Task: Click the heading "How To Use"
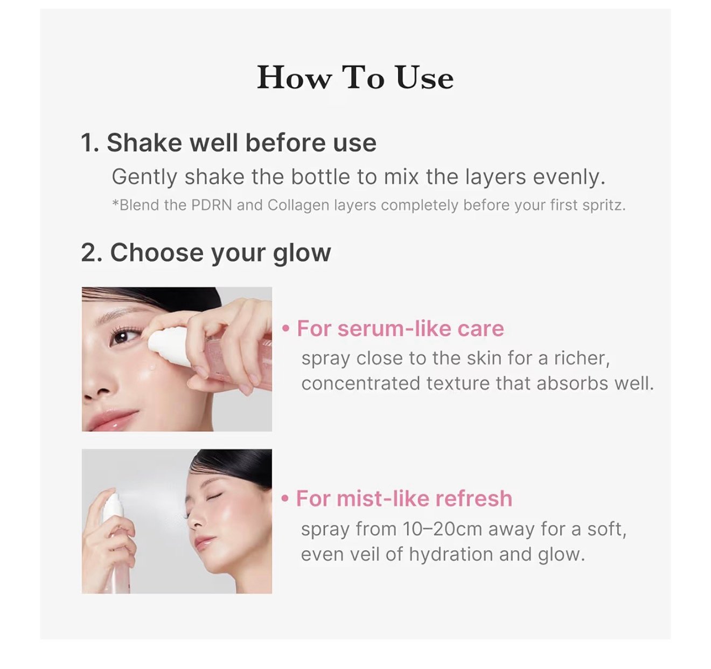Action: point(355,78)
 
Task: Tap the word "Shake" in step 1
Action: point(144,143)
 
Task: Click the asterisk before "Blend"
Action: point(115,203)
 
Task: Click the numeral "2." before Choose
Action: point(92,253)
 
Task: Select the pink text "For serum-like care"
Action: point(400,328)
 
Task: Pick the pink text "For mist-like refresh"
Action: point(404,498)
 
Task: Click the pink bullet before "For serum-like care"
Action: point(285,329)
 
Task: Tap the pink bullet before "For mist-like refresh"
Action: point(285,499)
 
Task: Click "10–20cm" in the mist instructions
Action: point(442,529)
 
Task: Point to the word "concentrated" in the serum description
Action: point(360,383)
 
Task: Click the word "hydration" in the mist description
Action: point(451,555)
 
